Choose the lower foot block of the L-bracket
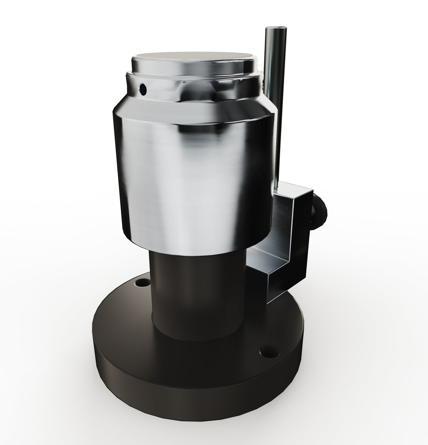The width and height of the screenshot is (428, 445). click(x=273, y=283)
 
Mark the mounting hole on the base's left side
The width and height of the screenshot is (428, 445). click(x=141, y=283)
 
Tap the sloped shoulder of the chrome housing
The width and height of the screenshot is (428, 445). click(x=194, y=111)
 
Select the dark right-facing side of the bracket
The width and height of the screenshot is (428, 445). click(x=303, y=238)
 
